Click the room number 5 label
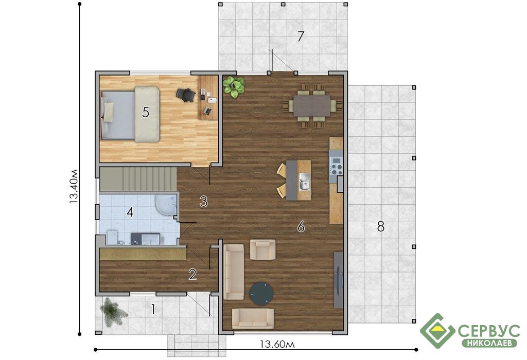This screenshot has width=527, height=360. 145,112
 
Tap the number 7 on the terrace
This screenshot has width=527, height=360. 301,37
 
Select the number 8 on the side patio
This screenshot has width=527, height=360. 380,227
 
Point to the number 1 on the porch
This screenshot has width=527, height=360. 153,309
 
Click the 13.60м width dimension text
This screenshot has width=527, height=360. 277,345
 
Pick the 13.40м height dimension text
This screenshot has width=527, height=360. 74,186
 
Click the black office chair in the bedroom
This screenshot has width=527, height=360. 185,94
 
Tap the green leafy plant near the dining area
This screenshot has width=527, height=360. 234,86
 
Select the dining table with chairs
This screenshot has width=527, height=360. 312,105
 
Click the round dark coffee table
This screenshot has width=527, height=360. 261,294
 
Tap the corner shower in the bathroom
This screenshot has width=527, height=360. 166,204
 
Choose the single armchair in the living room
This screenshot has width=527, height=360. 263,249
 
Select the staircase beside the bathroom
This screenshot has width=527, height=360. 138,179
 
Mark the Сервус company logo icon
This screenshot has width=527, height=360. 437,331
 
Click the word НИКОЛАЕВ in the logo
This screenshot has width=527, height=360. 490,343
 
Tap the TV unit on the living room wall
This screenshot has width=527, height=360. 339,280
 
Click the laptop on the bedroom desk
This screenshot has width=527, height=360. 208,110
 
